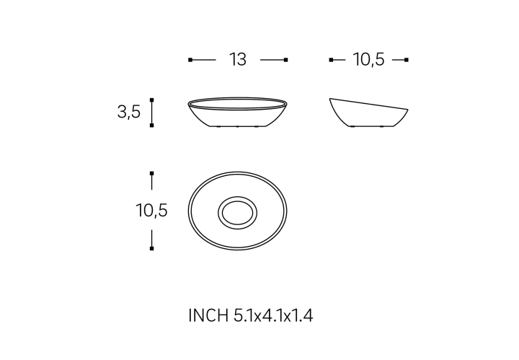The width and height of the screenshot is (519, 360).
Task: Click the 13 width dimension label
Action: tap(238, 60)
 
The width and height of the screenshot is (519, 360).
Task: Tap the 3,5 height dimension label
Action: tap(129, 112)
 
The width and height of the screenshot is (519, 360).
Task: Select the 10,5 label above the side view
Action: tap(368, 60)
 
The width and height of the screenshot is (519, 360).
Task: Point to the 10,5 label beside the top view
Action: tap(151, 211)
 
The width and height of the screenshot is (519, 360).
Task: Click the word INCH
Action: tap(208, 315)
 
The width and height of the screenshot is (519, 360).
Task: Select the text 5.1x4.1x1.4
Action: tap(273, 315)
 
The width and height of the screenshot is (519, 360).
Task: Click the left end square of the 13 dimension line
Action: tap(190, 60)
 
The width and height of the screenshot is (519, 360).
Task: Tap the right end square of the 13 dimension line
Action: tap(286, 60)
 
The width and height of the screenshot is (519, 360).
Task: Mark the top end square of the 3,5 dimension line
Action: tap(151, 100)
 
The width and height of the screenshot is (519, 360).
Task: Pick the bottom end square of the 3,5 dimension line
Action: tap(151, 126)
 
